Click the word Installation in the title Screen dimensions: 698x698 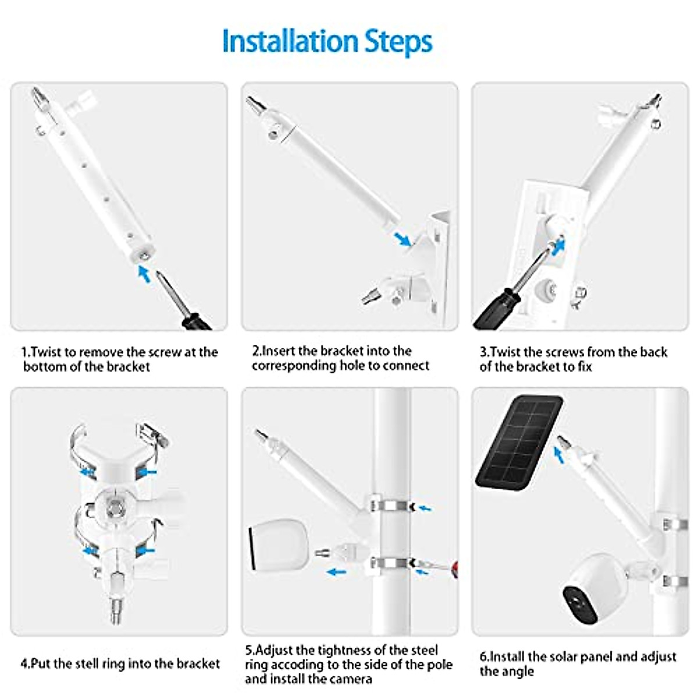point(289,41)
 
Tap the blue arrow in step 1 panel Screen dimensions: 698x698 point(144,273)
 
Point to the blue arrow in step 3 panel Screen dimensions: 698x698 point(558,247)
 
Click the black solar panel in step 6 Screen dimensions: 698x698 point(519,442)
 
